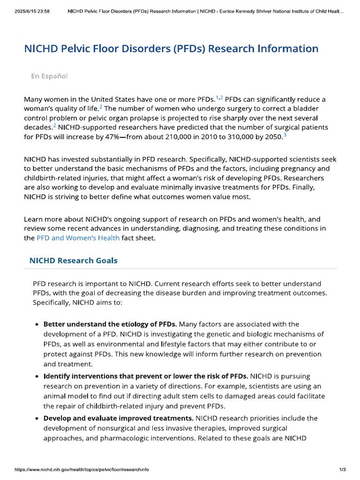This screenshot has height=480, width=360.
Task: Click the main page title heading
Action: pyautogui.click(x=171, y=49)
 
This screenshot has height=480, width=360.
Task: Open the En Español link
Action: pyautogui.click(x=49, y=76)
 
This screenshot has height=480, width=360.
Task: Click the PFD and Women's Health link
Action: pyautogui.click(x=78, y=238)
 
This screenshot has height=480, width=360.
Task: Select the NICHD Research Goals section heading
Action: pyautogui.click(x=73, y=260)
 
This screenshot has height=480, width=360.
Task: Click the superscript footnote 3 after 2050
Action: pyautogui.click(x=285, y=135)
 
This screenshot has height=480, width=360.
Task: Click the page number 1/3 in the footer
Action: pyautogui.click(x=342, y=470)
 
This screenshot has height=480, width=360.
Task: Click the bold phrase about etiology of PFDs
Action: pyautogui.click(x=110, y=324)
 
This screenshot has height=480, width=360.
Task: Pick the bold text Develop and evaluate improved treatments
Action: pyautogui.click(x=119, y=418)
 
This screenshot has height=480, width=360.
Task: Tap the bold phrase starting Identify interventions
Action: pyautogui.click(x=146, y=376)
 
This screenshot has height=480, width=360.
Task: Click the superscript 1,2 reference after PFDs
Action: pyautogui.click(x=219, y=97)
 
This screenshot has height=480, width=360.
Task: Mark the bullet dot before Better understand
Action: pyautogui.click(x=37, y=324)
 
